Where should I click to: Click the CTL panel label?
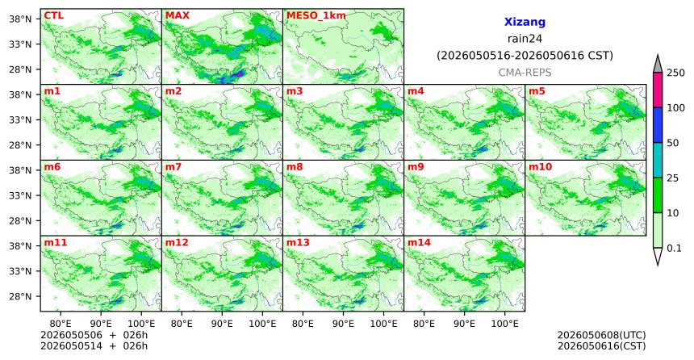coord(53,15)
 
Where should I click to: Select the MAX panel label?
coord(177,15)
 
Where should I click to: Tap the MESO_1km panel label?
coord(316,15)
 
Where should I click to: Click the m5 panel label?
coord(537,91)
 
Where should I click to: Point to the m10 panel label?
coord(541,167)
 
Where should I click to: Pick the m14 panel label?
coord(419,243)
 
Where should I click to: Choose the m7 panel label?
coord(173,167)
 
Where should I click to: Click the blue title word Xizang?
coord(525,22)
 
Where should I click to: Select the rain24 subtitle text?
coord(525,39)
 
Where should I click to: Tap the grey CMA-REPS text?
coord(525,73)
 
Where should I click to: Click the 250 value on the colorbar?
coord(675,73)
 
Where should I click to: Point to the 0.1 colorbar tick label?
coord(674,248)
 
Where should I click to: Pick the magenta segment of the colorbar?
coord(658,90)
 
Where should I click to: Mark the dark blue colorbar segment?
coord(658,125)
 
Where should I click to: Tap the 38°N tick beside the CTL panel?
coord(20,19)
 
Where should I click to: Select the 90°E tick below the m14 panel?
coord(465,324)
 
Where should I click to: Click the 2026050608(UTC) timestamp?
coord(601,335)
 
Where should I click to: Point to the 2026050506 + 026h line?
coord(94,335)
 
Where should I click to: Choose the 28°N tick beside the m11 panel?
coord(20,296)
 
